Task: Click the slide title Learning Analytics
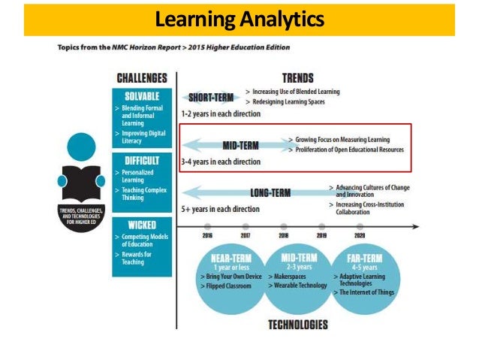(x=239, y=19)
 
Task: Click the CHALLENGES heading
(x=141, y=77)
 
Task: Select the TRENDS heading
(x=297, y=77)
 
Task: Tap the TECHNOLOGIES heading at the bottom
(x=297, y=325)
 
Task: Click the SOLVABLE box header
(x=141, y=96)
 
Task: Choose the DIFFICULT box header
(x=141, y=159)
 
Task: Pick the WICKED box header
(x=141, y=224)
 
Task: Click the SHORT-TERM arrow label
(x=210, y=97)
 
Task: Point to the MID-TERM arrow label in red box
(x=241, y=144)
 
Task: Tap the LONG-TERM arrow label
(x=270, y=192)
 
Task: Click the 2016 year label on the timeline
(x=208, y=235)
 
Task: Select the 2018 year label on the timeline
(x=284, y=235)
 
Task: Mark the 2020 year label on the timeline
(x=360, y=235)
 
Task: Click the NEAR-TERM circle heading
(x=226, y=259)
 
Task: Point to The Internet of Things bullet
(x=366, y=292)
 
